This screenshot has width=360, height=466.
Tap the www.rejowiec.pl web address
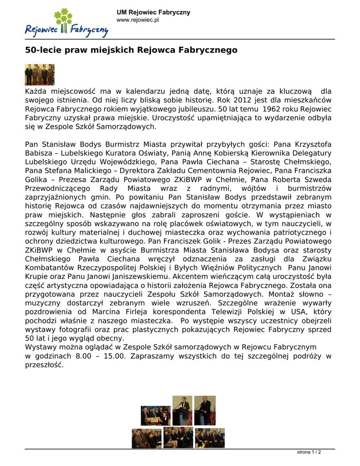click(x=137, y=20)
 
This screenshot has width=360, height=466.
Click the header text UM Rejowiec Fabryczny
click(x=153, y=12)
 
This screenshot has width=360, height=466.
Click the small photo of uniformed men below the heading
click(x=40, y=75)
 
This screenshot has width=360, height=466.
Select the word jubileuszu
click(x=193, y=109)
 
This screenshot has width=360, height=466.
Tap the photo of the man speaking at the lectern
click(x=205, y=410)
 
